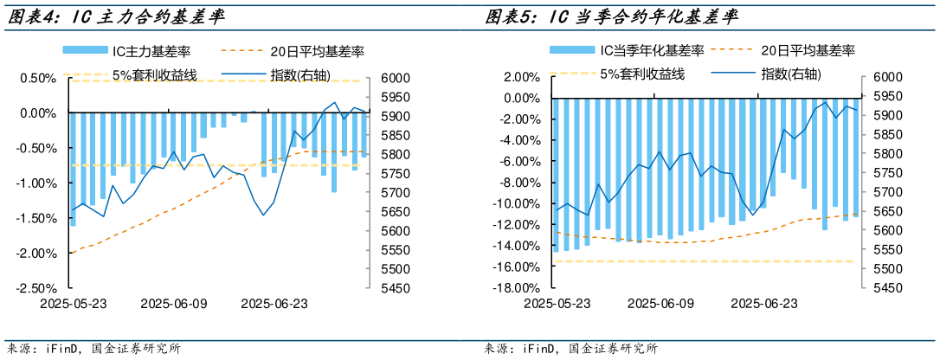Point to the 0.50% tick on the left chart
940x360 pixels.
click(41, 79)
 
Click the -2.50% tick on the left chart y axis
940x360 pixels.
click(39, 289)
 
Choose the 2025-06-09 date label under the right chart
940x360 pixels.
click(661, 304)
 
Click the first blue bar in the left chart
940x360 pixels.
click(73, 169)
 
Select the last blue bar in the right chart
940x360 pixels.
click(855, 157)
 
